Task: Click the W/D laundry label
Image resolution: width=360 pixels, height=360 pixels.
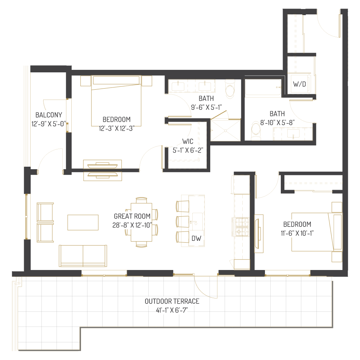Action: (x=300, y=85)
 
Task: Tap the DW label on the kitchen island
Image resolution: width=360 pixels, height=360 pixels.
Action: (x=196, y=238)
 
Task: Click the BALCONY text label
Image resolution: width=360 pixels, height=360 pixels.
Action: (x=49, y=115)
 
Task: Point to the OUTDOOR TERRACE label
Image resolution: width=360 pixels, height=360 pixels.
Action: (x=172, y=301)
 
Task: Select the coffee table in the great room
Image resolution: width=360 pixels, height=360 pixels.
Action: (x=83, y=222)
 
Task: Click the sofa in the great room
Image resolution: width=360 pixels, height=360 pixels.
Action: (x=83, y=256)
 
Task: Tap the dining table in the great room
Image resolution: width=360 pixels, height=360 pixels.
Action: (x=141, y=222)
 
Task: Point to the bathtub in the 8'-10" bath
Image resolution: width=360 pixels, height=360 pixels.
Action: (x=263, y=89)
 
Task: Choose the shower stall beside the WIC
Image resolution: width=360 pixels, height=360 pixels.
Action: (x=225, y=130)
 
